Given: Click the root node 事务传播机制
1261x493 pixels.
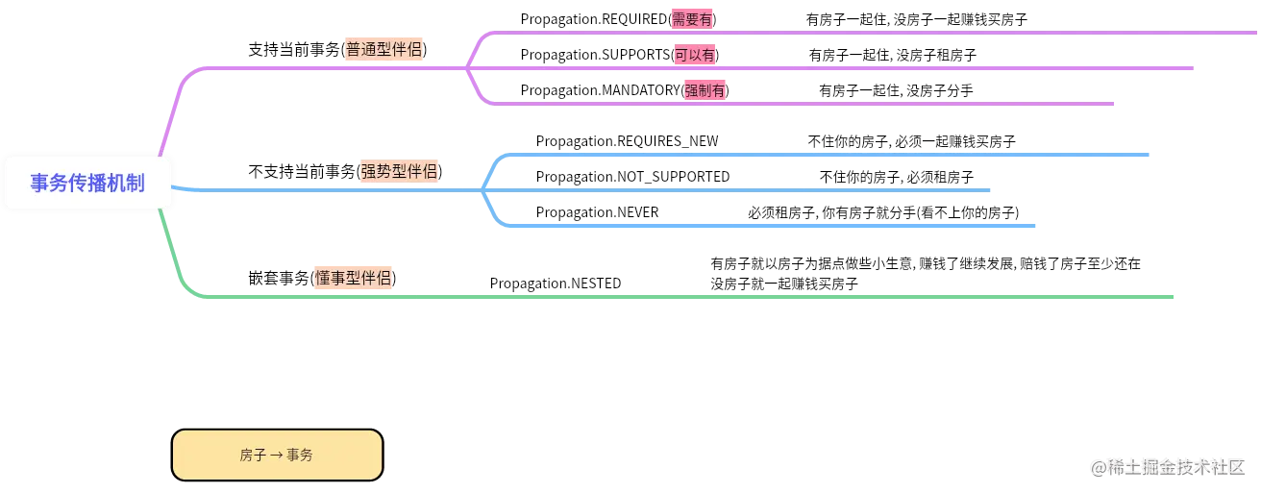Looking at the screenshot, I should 87,183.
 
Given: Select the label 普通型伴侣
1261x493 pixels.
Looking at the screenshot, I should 383,50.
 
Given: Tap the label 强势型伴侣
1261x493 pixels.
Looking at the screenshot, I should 398,172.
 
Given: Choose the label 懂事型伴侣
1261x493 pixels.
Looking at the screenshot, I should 352,278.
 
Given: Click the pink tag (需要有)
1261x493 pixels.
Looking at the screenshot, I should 691,19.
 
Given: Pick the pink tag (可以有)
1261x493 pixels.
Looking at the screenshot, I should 694,55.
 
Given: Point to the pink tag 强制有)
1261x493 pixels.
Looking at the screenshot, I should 706,90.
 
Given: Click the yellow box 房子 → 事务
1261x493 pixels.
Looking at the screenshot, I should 277,455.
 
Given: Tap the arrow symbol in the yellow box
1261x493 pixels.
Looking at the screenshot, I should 277,456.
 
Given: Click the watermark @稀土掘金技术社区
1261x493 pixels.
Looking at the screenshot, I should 1167,466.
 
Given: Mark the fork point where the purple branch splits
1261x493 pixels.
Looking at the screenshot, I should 464,68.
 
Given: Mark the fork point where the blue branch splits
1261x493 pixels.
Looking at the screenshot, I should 480,189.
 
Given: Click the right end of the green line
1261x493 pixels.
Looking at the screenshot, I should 1174,296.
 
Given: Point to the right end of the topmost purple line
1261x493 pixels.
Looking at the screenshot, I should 1256,34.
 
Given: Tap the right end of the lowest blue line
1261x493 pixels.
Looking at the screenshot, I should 1035,227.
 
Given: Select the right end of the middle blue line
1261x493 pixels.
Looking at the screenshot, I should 989,189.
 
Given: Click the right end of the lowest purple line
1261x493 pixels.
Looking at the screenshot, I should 1112,104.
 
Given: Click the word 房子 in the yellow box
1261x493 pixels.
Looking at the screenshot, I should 253,456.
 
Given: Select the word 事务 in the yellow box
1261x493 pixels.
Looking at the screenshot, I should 300,456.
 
